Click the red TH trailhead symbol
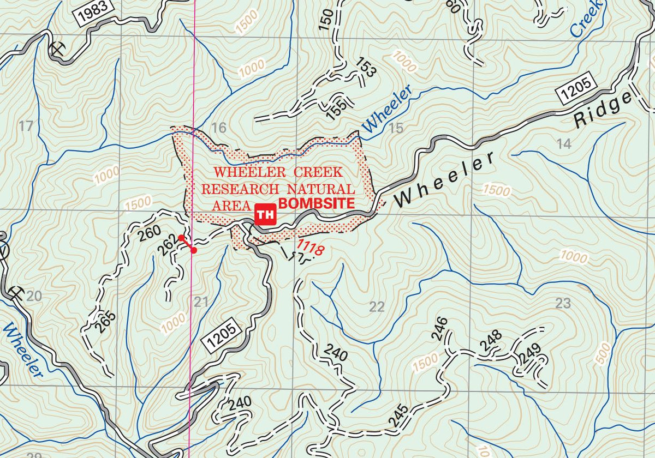coord(265,214)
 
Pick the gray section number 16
coord(218,128)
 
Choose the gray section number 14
coord(563,144)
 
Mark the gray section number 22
coord(377,306)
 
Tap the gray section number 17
coord(26,126)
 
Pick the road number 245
coord(398,415)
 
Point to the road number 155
coord(336,110)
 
